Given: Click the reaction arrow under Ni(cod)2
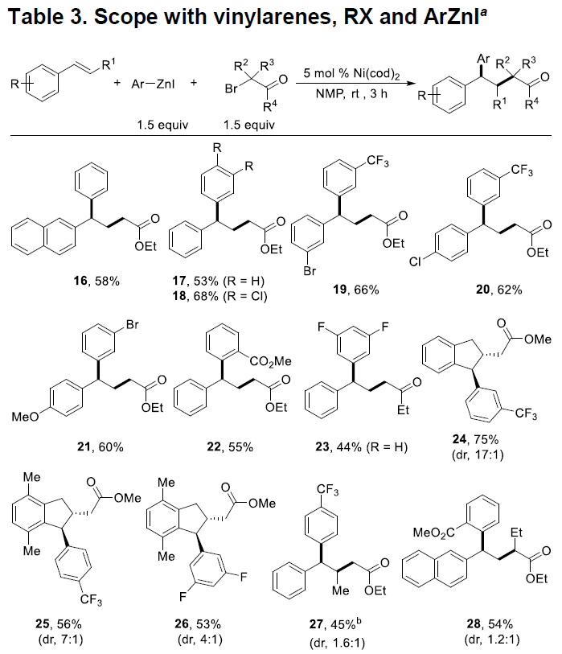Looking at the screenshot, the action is [355, 84].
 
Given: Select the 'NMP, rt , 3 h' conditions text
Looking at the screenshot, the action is [351, 94].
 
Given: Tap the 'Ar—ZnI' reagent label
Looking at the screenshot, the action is [153, 84].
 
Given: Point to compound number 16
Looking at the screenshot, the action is [80, 281].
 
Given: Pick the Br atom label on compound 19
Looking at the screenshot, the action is [310, 271].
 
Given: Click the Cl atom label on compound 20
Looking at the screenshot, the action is [415, 261].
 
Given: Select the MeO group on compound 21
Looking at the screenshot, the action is [25, 417].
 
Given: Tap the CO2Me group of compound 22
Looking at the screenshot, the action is [270, 361].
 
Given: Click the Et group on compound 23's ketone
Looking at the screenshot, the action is [403, 410].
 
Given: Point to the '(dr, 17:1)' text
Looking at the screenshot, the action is [478, 455].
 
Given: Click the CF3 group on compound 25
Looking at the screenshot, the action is [91, 600].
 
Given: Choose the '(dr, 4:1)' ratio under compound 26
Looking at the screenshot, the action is [200, 639].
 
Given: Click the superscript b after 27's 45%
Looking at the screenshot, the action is [359, 622].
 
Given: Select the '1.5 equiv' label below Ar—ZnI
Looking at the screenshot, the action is [162, 125].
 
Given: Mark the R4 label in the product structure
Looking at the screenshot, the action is [531, 104].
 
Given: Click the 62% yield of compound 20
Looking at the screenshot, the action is [510, 290].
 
